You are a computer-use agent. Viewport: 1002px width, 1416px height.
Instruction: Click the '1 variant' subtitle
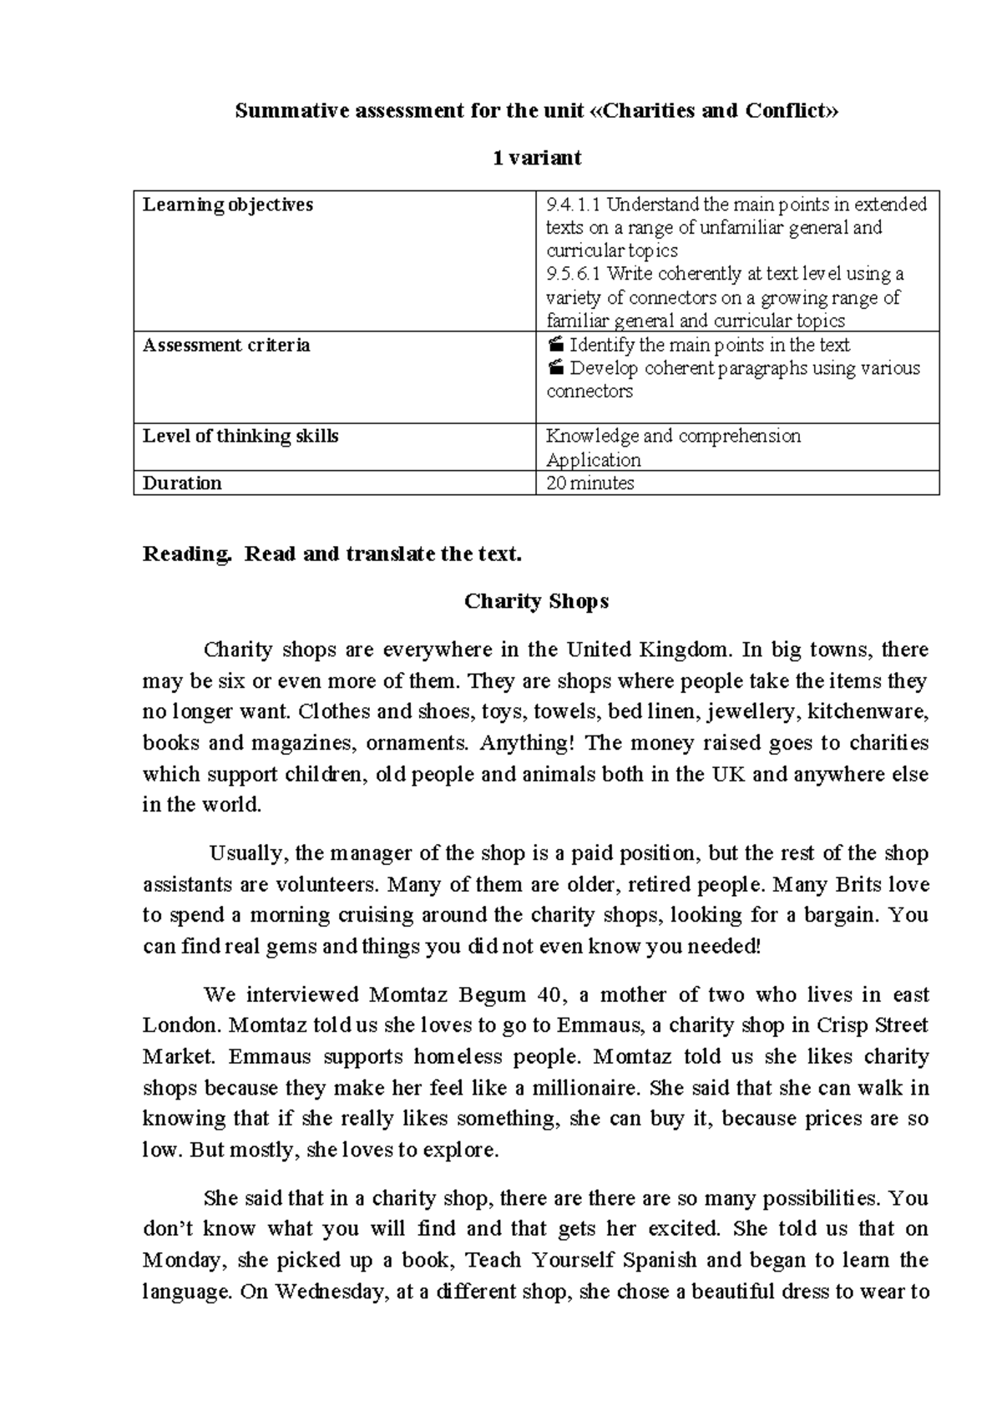[536, 158]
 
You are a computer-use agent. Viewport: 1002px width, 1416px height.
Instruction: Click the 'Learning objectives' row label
[227, 205]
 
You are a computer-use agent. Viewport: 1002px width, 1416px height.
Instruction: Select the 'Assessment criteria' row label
[225, 345]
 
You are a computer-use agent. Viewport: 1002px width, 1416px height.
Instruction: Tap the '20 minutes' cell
[590, 483]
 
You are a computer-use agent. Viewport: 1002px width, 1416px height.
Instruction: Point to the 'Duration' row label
[182, 483]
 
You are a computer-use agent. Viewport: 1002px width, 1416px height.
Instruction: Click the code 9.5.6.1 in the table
[574, 274]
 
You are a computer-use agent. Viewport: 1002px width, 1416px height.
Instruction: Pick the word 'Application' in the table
[593, 459]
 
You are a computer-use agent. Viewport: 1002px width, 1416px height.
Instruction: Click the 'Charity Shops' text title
[536, 601]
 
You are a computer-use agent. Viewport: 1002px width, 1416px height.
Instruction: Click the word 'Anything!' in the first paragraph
[527, 742]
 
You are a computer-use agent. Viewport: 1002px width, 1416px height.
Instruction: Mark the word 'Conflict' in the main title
[787, 111]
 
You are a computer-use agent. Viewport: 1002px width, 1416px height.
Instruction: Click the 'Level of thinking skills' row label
[240, 436]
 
